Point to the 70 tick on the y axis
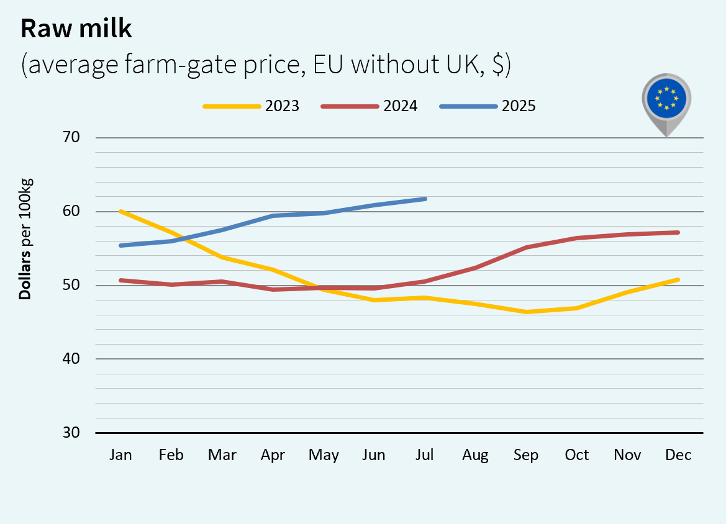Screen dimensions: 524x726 point(72,137)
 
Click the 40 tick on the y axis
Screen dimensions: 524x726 point(72,359)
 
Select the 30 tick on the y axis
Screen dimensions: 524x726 point(72,433)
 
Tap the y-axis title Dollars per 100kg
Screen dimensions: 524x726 point(25,239)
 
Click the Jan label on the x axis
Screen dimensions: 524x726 point(120,455)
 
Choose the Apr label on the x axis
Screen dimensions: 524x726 point(273,455)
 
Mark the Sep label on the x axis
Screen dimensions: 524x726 point(526,455)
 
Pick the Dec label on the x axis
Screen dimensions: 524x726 point(678,455)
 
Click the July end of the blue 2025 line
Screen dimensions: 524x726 point(425,199)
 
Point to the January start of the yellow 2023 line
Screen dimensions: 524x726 point(120,211)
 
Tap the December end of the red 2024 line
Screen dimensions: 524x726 point(678,232)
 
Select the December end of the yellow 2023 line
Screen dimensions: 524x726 point(678,279)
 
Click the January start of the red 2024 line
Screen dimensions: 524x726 point(120,280)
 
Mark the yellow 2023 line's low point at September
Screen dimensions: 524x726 point(526,312)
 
